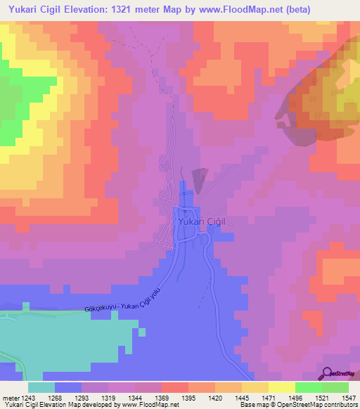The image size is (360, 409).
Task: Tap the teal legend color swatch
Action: point(41,387)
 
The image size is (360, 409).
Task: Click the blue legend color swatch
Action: point(68,387)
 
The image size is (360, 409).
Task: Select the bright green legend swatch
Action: point(308,387)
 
